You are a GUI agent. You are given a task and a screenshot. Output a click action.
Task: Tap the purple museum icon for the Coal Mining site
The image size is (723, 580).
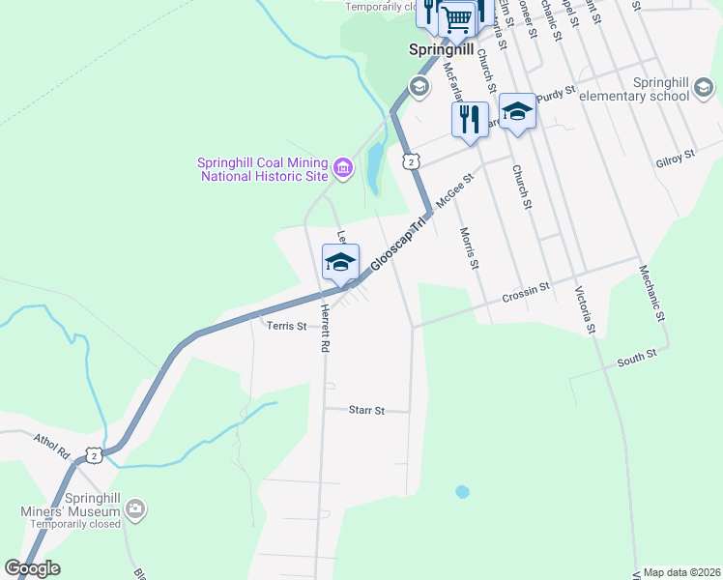pyautogui.click(x=342, y=170)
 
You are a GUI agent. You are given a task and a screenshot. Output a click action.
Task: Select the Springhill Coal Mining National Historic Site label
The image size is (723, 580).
pyautogui.click(x=263, y=169)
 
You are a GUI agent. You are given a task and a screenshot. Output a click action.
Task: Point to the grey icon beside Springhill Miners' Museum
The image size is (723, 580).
pyautogui.click(x=135, y=507)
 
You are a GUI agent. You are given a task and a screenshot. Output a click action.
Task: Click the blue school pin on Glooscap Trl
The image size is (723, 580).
pyautogui.click(x=340, y=262)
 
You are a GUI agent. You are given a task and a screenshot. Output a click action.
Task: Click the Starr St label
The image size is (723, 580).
pyautogui.click(x=366, y=410)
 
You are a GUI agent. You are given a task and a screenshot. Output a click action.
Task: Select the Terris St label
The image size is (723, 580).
pyautogui.click(x=286, y=326)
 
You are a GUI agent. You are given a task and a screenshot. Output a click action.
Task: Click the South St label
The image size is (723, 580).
pyautogui.click(x=637, y=357)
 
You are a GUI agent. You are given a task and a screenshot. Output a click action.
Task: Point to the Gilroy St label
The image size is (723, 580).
pyautogui.click(x=675, y=155)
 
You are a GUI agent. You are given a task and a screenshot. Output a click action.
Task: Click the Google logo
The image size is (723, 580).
pyautogui.click(x=32, y=567)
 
